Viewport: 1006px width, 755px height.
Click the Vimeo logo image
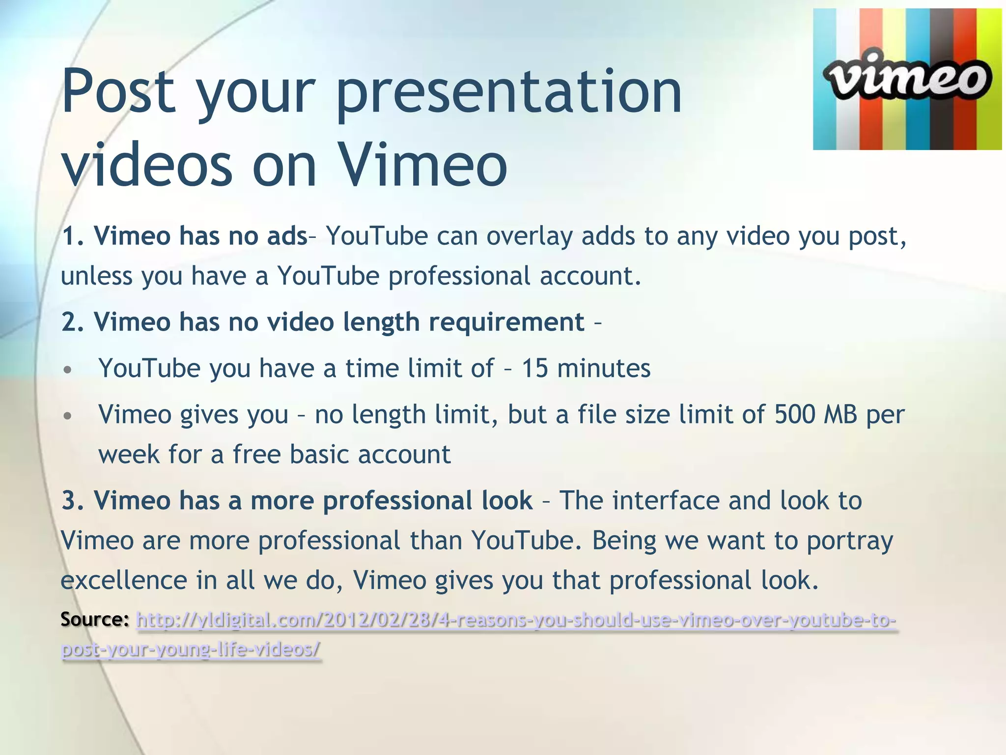[907, 79]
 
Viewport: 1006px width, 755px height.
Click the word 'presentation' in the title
[509, 91]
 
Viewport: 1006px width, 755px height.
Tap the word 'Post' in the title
[118, 91]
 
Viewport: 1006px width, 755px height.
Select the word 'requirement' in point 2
[506, 322]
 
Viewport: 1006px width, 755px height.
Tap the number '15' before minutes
[534, 368]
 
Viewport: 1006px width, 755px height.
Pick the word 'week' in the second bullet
[129, 454]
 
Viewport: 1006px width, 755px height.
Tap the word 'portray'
[850, 541]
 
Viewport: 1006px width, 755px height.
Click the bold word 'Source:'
[94, 619]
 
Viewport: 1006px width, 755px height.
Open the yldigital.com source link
[516, 620]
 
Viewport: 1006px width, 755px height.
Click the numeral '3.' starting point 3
[73, 500]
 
